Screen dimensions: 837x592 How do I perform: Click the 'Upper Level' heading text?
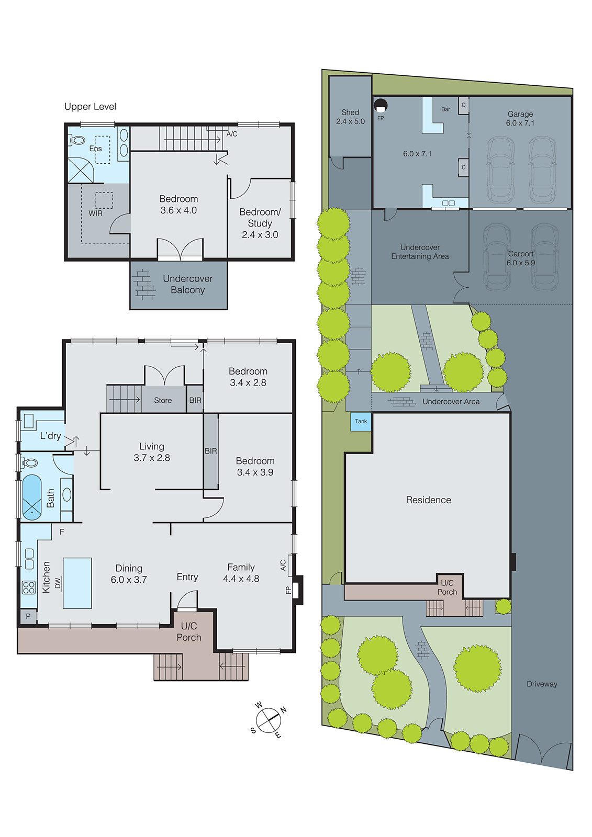click(90, 107)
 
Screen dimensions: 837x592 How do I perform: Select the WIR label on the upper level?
click(95, 213)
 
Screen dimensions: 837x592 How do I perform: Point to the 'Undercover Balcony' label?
click(187, 285)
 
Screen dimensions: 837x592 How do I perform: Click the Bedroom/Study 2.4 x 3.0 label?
click(260, 223)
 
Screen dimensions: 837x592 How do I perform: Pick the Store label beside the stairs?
click(163, 401)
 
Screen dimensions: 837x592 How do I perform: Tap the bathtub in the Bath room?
click(32, 497)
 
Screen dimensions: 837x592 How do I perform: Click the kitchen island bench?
click(77, 583)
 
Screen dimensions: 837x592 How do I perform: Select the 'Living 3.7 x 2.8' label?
click(152, 452)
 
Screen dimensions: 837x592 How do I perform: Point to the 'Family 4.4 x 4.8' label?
click(241, 573)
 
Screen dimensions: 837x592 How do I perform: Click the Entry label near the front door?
click(187, 577)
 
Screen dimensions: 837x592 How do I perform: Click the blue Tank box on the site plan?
click(361, 422)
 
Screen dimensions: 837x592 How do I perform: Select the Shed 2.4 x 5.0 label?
click(350, 117)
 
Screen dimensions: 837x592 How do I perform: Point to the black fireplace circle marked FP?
click(381, 105)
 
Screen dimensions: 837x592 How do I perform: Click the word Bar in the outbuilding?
click(445, 109)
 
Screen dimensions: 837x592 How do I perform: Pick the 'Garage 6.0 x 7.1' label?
click(520, 119)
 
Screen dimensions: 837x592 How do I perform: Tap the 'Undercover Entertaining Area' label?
click(420, 252)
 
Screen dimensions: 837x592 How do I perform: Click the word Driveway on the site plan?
click(542, 684)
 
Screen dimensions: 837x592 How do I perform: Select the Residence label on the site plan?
click(428, 500)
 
